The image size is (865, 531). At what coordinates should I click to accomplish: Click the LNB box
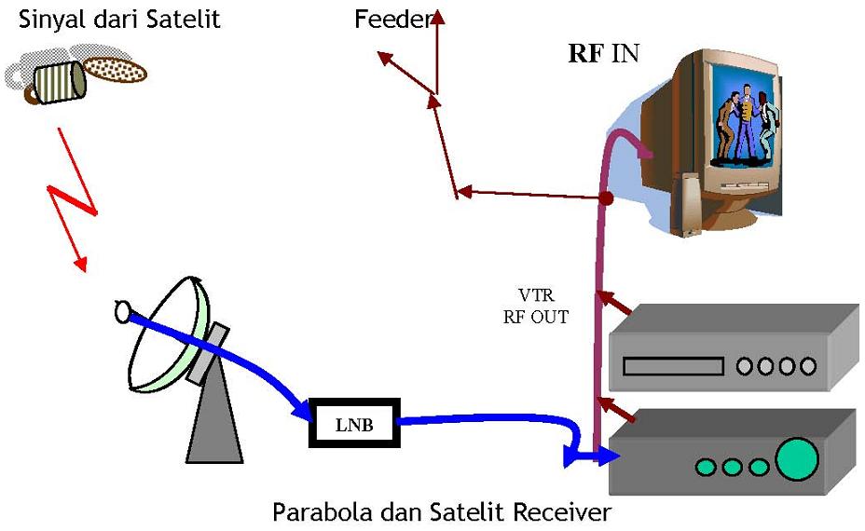[x=353, y=424]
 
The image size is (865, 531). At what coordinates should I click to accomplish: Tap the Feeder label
[x=392, y=19]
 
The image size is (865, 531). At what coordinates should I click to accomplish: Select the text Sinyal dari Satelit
[x=120, y=19]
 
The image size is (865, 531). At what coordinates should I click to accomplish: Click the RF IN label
[x=603, y=52]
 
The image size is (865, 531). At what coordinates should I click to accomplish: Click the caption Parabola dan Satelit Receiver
[x=442, y=511]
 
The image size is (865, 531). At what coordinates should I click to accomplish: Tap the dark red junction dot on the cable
[x=606, y=198]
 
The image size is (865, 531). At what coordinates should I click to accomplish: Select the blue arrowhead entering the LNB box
[x=302, y=410]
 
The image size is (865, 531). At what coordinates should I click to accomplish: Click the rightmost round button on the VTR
[x=808, y=366]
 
